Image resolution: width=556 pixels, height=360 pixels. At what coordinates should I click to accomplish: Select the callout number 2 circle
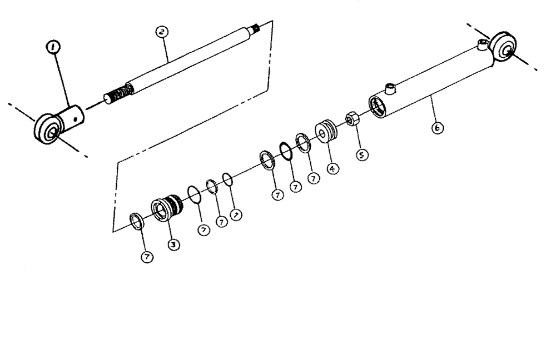coord(162,32)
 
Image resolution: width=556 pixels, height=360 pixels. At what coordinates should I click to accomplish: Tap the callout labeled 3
coord(173,243)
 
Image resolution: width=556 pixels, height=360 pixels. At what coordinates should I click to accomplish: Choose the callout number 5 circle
coord(363,156)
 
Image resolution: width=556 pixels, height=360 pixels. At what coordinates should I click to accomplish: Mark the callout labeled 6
coord(437,128)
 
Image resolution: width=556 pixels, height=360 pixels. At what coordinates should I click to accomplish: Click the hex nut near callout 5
coord(351,118)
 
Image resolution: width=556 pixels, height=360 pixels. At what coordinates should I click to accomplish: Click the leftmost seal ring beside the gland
coord(137,220)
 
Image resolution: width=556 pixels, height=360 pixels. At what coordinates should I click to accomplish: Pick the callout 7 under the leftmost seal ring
coord(146,256)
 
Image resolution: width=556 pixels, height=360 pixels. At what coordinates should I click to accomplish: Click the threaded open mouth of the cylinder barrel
coord(378,106)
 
